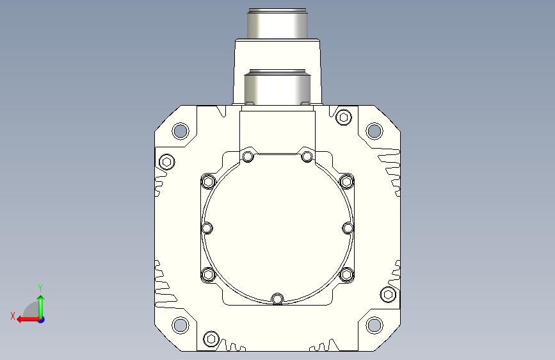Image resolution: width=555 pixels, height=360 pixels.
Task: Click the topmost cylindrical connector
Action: click(277, 24)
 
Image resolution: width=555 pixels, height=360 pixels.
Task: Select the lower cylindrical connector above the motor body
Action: click(277, 87)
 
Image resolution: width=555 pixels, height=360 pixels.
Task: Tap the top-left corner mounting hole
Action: click(180, 131)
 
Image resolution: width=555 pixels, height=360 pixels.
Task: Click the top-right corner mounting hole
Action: click(374, 131)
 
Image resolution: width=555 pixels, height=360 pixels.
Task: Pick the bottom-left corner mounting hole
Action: click(180, 325)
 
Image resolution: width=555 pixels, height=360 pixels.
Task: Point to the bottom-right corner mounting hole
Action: click(374, 325)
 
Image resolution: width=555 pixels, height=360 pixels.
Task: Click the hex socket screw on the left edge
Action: click(166, 162)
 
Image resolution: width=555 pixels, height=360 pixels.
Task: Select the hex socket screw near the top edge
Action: click(343, 117)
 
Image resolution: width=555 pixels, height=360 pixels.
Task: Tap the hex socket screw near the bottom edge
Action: click(211, 339)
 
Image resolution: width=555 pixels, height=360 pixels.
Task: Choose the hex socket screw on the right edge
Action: click(388, 294)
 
